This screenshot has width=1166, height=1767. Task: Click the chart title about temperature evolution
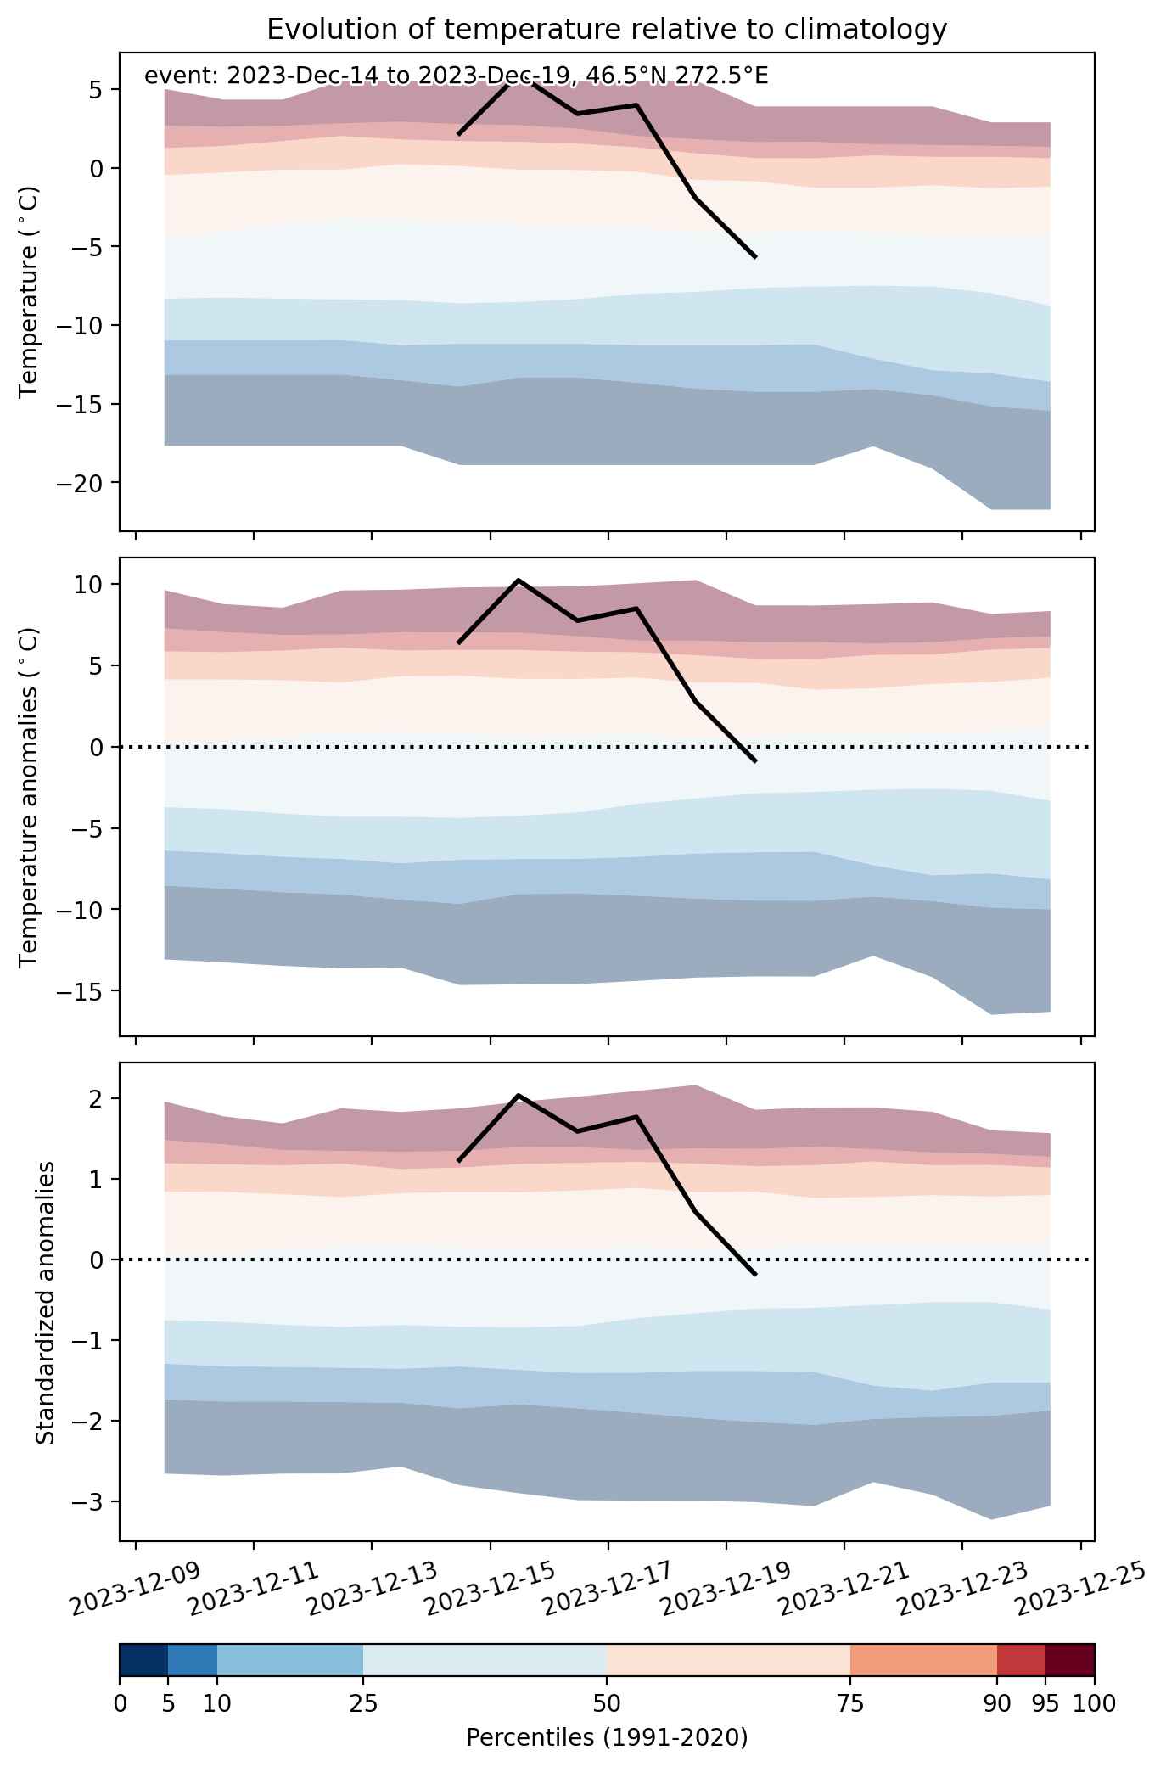[607, 30]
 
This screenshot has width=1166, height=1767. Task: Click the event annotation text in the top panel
[457, 76]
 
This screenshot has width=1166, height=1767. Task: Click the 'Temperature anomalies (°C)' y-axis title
[30, 797]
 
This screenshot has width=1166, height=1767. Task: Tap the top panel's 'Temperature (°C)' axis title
[30, 292]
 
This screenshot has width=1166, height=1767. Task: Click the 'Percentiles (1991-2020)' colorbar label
[607, 1738]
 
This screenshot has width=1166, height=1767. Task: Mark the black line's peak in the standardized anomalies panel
[518, 1096]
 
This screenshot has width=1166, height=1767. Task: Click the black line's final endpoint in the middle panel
[755, 761]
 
